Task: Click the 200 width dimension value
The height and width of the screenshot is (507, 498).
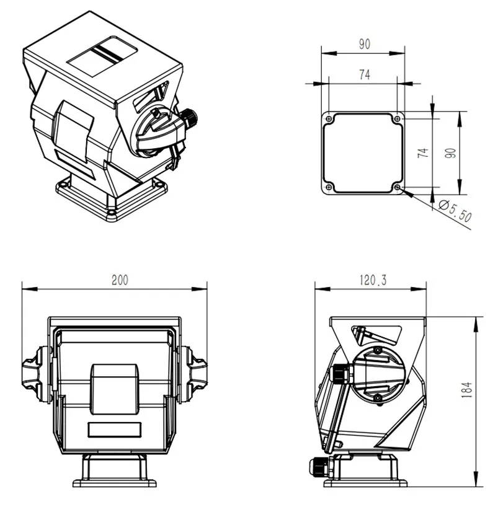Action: (120, 280)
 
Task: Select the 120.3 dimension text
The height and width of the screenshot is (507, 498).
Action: (372, 280)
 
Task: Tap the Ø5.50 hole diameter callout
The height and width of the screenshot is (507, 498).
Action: (455, 210)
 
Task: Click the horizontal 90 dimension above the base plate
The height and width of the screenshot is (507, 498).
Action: (364, 44)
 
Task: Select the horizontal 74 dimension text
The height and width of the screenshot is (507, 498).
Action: (364, 74)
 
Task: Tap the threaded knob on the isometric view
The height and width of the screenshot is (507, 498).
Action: (188, 117)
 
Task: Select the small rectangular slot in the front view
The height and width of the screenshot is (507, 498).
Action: (114, 429)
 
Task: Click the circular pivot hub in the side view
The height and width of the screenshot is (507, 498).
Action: (378, 373)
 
